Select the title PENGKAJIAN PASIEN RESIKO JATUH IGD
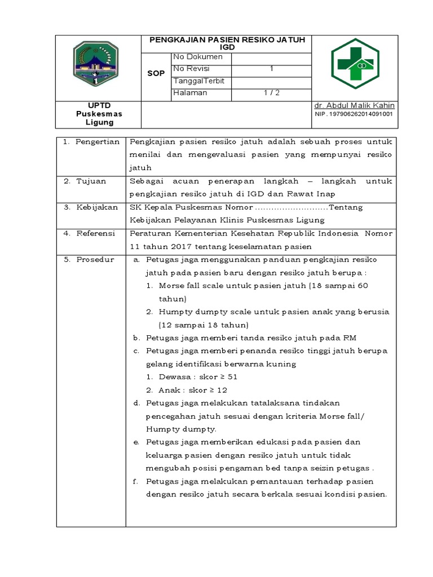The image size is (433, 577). tap(227, 43)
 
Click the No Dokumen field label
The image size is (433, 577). tap(195, 56)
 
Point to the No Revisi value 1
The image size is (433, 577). tap(271, 69)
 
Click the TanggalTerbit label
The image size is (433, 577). tap(199, 81)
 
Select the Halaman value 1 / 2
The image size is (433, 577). tap(271, 93)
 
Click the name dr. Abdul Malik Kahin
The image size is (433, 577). tap(354, 105)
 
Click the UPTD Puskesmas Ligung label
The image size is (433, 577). tap(99, 114)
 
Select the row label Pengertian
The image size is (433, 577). tap(98, 142)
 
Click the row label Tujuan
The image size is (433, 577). tap(91, 181)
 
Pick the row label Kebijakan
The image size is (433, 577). tap(97, 207)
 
